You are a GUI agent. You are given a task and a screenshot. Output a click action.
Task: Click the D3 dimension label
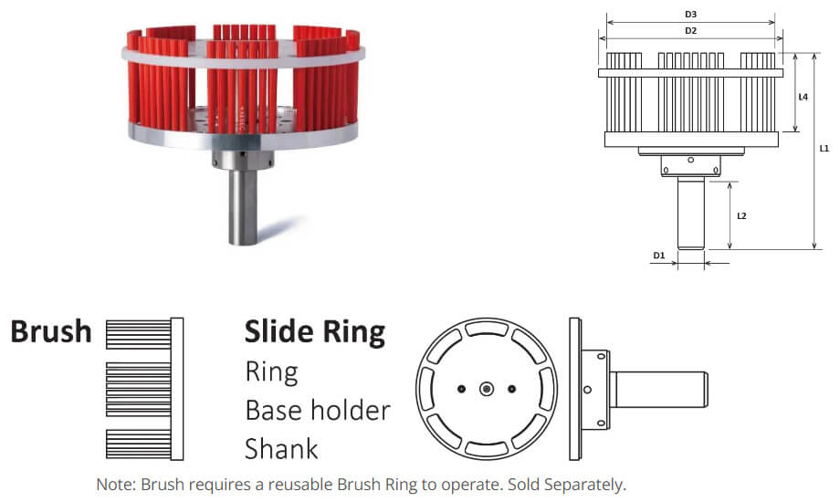coord(690,15)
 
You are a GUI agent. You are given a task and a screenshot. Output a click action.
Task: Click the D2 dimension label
coord(690,30)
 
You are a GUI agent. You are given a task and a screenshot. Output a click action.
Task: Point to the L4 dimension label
coord(803,97)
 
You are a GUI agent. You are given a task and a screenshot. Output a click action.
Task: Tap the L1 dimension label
coord(824,149)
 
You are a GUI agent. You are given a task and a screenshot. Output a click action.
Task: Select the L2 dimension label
coord(741,216)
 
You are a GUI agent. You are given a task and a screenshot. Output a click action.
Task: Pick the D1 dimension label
coord(658,256)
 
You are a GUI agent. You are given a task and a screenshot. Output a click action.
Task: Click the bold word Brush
coord(51,331)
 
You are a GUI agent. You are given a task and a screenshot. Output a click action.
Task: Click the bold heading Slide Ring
coord(315,332)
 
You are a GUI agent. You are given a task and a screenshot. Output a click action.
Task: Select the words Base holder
coord(318,411)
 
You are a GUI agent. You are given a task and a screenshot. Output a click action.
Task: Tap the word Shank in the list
coord(281,449)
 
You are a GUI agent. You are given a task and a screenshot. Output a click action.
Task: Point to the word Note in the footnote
coord(115,485)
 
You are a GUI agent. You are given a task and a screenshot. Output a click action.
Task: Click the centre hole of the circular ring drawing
coord(487,389)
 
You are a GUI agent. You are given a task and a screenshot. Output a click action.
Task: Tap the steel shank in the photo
coord(243,206)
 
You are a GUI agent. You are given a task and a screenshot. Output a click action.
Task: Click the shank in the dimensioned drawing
coord(690,214)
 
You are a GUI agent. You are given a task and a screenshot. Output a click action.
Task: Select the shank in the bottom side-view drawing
coord(659,390)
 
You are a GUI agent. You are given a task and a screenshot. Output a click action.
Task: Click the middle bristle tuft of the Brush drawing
coord(138,390)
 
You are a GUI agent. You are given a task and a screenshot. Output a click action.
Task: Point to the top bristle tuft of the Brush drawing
coord(138,334)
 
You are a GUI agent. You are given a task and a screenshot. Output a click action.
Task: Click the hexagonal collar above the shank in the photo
coord(243,159)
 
